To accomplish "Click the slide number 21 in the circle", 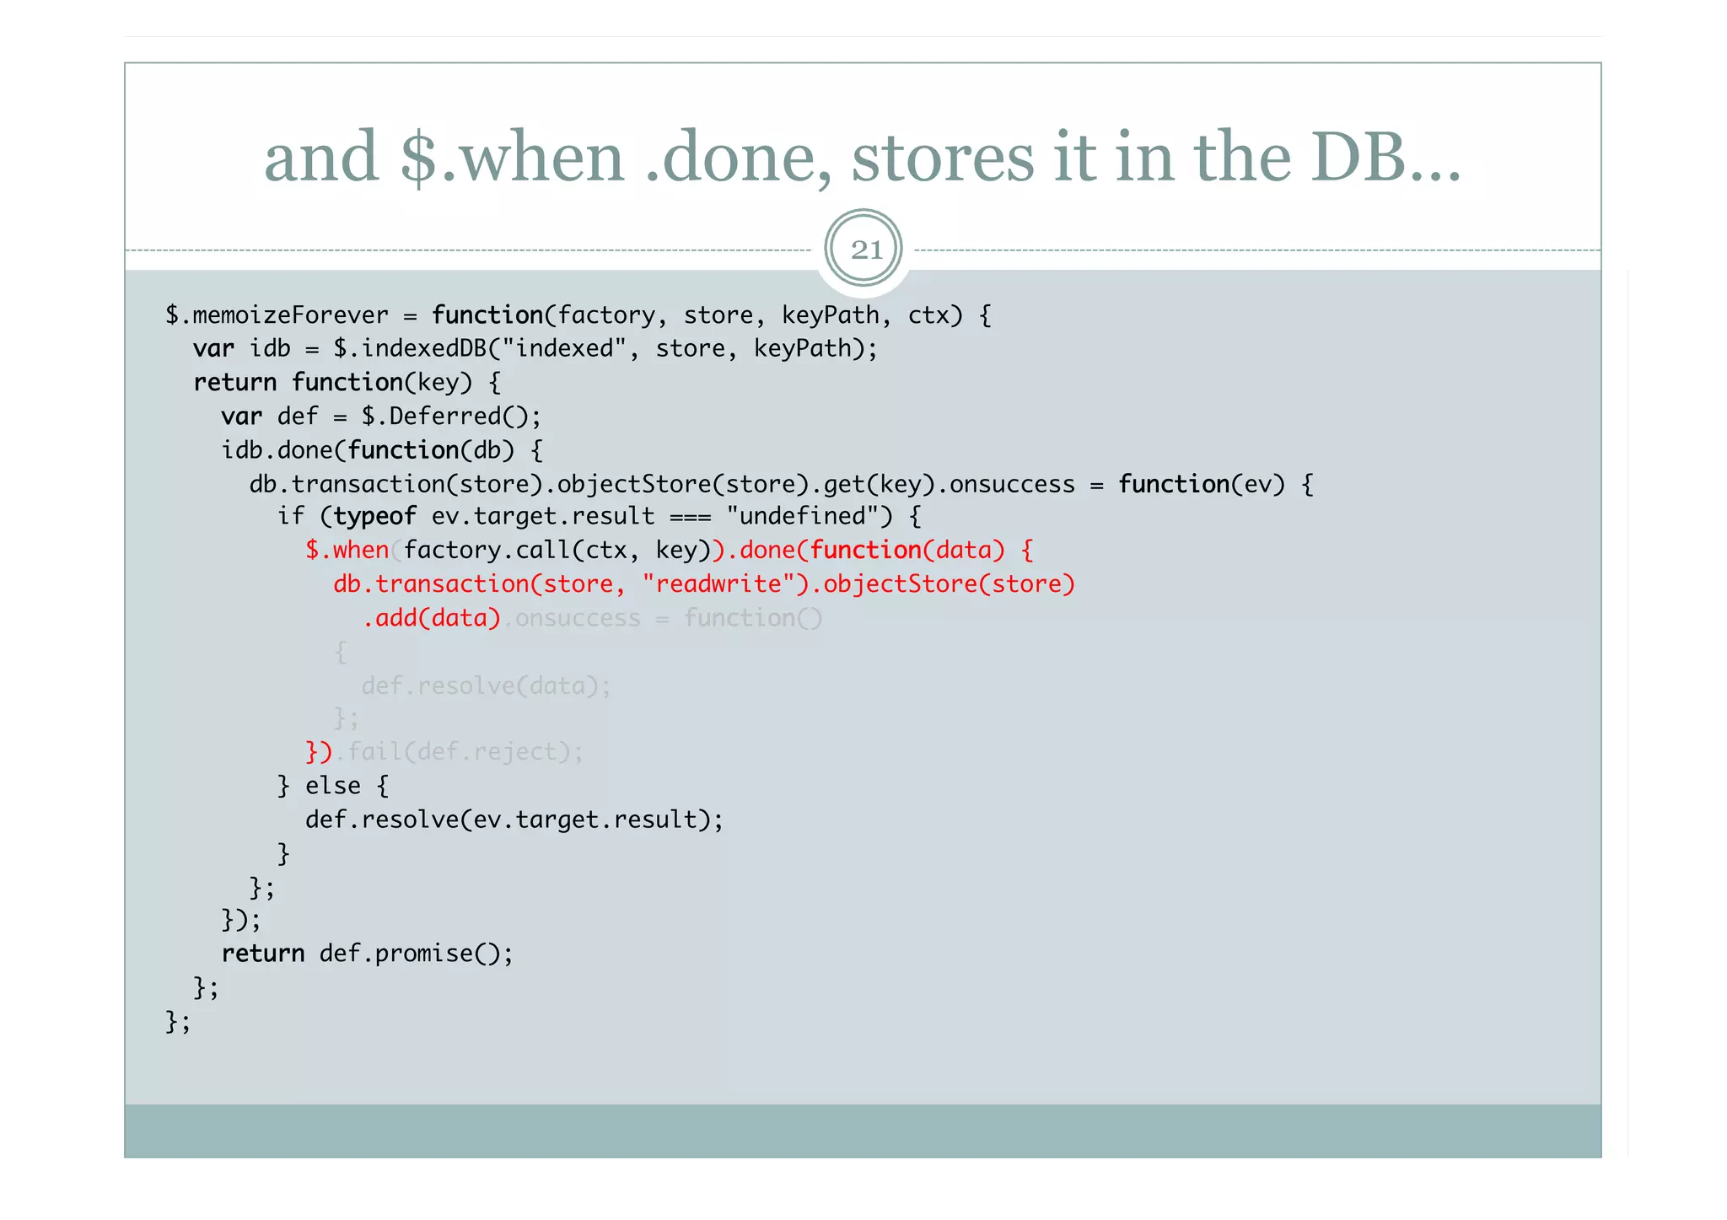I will click(865, 250).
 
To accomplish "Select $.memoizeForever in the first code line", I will click(277, 315).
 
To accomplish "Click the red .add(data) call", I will click(431, 618).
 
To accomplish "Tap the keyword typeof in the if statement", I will click(374, 516).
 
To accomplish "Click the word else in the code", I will click(332, 786).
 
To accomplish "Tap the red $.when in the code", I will click(347, 550).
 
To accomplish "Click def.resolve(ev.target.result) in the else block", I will click(514, 820).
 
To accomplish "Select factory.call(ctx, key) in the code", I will click(557, 550).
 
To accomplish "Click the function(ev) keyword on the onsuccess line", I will click(1201, 484).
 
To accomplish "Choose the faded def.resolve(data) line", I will click(486, 685).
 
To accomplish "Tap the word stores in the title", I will click(942, 158).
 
